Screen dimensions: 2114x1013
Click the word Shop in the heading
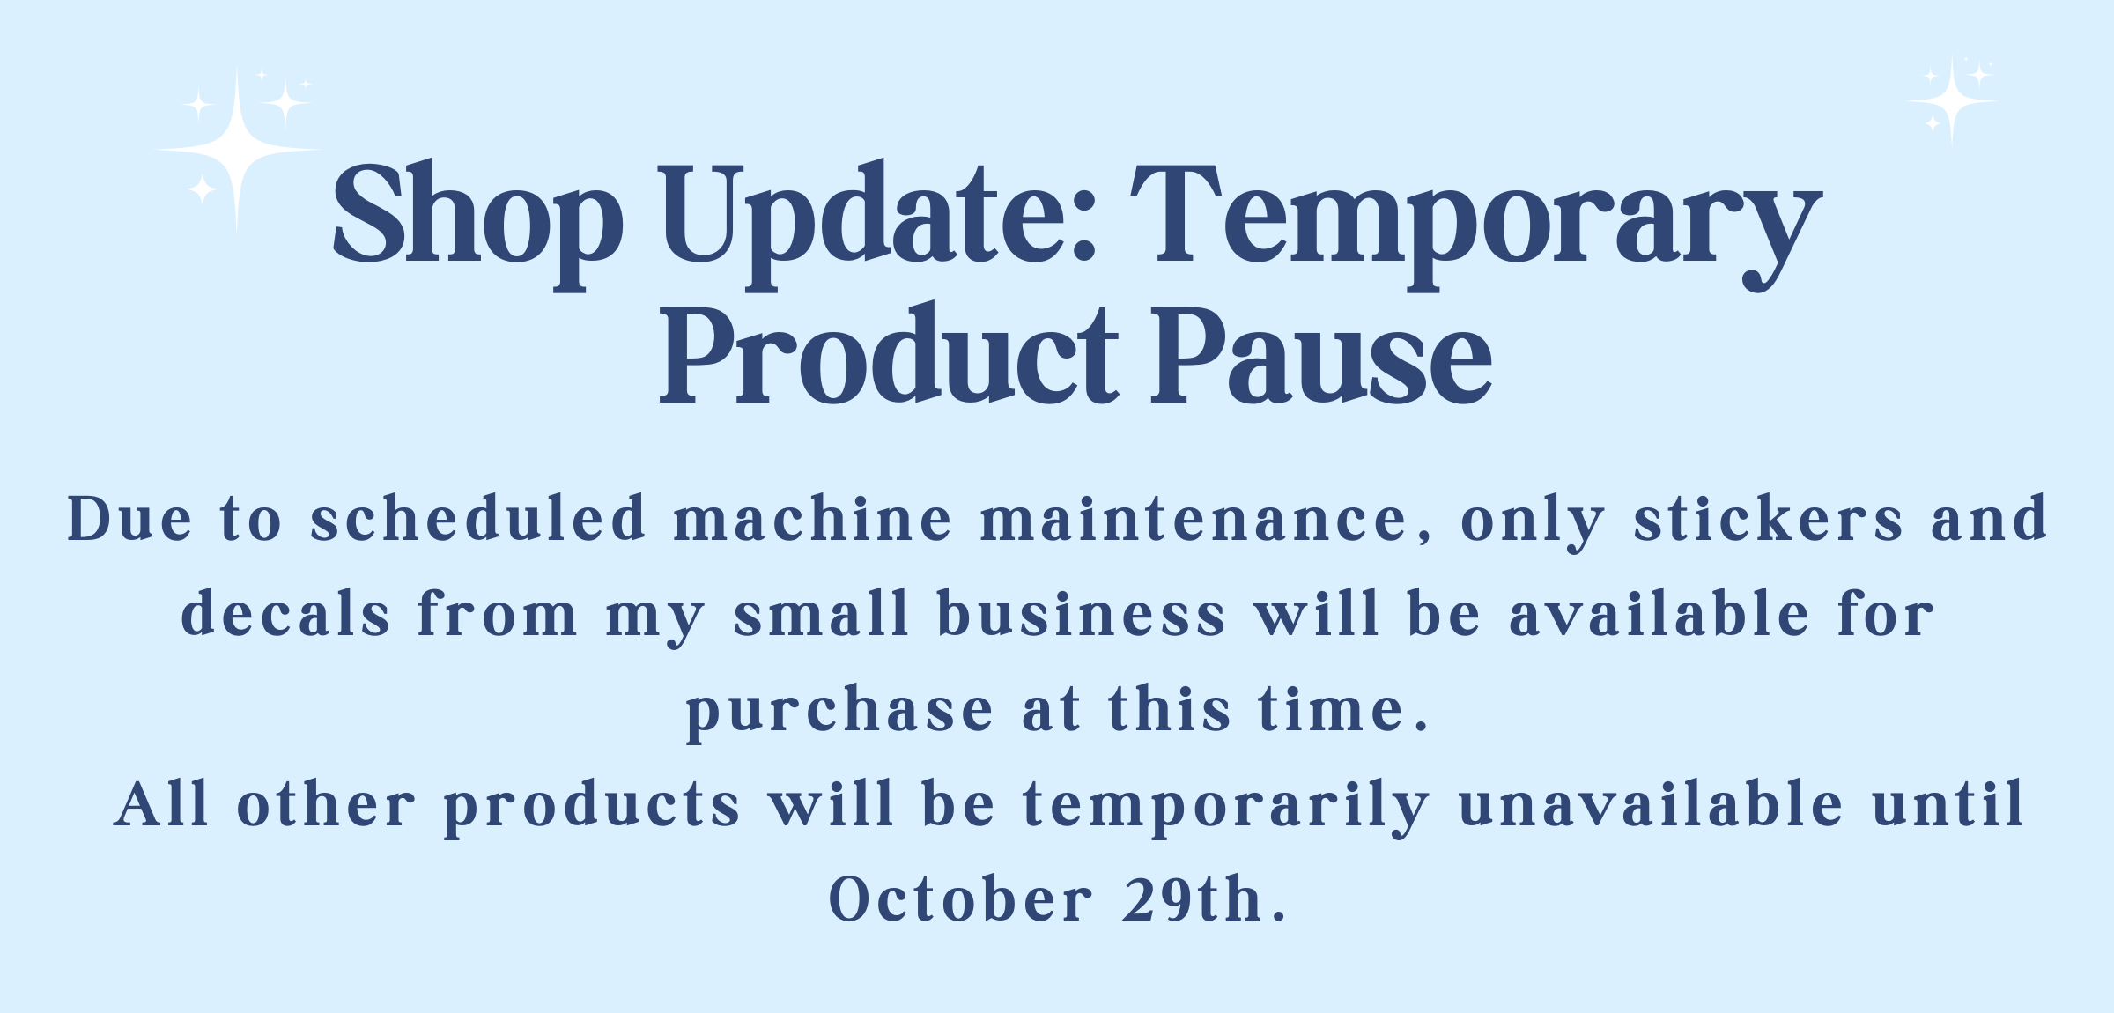point(478,224)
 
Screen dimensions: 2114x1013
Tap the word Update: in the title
point(879,224)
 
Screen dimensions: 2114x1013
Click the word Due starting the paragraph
point(129,519)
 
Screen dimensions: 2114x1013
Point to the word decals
point(285,613)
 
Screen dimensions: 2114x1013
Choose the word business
point(1082,613)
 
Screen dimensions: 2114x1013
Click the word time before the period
point(1331,709)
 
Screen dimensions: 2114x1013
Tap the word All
point(162,803)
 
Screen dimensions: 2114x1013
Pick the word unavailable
point(1651,803)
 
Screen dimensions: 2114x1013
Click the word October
point(961,899)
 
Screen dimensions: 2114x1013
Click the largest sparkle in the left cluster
point(237,151)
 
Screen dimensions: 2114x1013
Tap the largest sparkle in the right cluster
point(1953,102)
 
